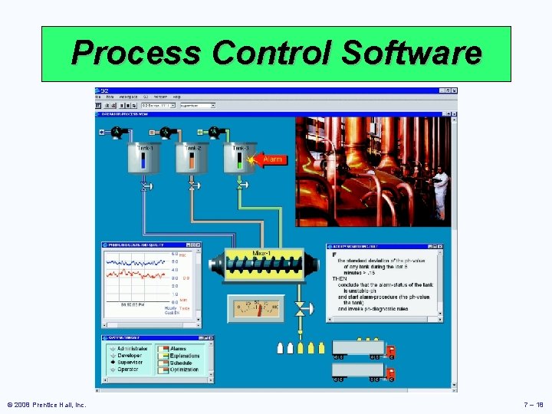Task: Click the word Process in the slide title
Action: tap(135, 53)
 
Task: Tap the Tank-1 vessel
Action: tap(144, 159)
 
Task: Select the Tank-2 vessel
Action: tap(192, 159)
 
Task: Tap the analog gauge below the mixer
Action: tap(255, 309)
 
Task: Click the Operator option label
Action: tap(127, 370)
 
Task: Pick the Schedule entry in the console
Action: tap(182, 363)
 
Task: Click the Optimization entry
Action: tap(184, 370)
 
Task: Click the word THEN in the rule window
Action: tap(339, 278)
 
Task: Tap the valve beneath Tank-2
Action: tap(192, 186)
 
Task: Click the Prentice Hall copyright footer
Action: tap(46, 404)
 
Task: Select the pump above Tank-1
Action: tap(117, 132)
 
